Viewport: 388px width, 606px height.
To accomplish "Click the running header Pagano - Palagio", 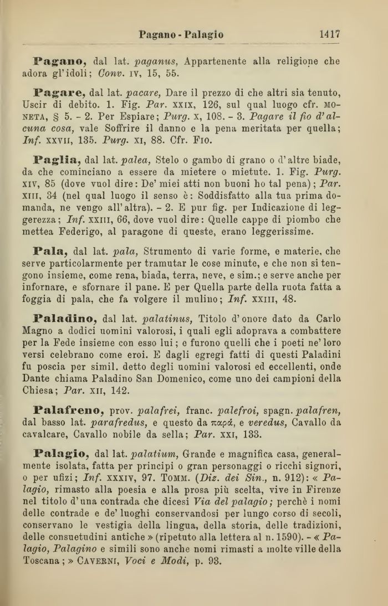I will click(181, 35).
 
